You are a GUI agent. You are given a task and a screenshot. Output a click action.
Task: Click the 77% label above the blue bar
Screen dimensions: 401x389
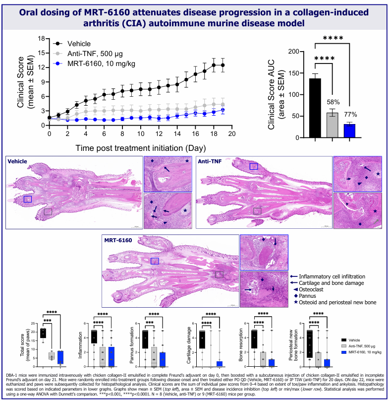(x=350, y=115)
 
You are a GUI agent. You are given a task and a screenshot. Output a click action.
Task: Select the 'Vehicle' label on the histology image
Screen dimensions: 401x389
(x=18, y=161)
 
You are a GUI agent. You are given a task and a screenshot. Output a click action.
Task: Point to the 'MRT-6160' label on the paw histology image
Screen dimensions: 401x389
(x=118, y=240)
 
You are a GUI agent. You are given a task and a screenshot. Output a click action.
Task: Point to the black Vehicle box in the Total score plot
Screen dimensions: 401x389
(x=43, y=333)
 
